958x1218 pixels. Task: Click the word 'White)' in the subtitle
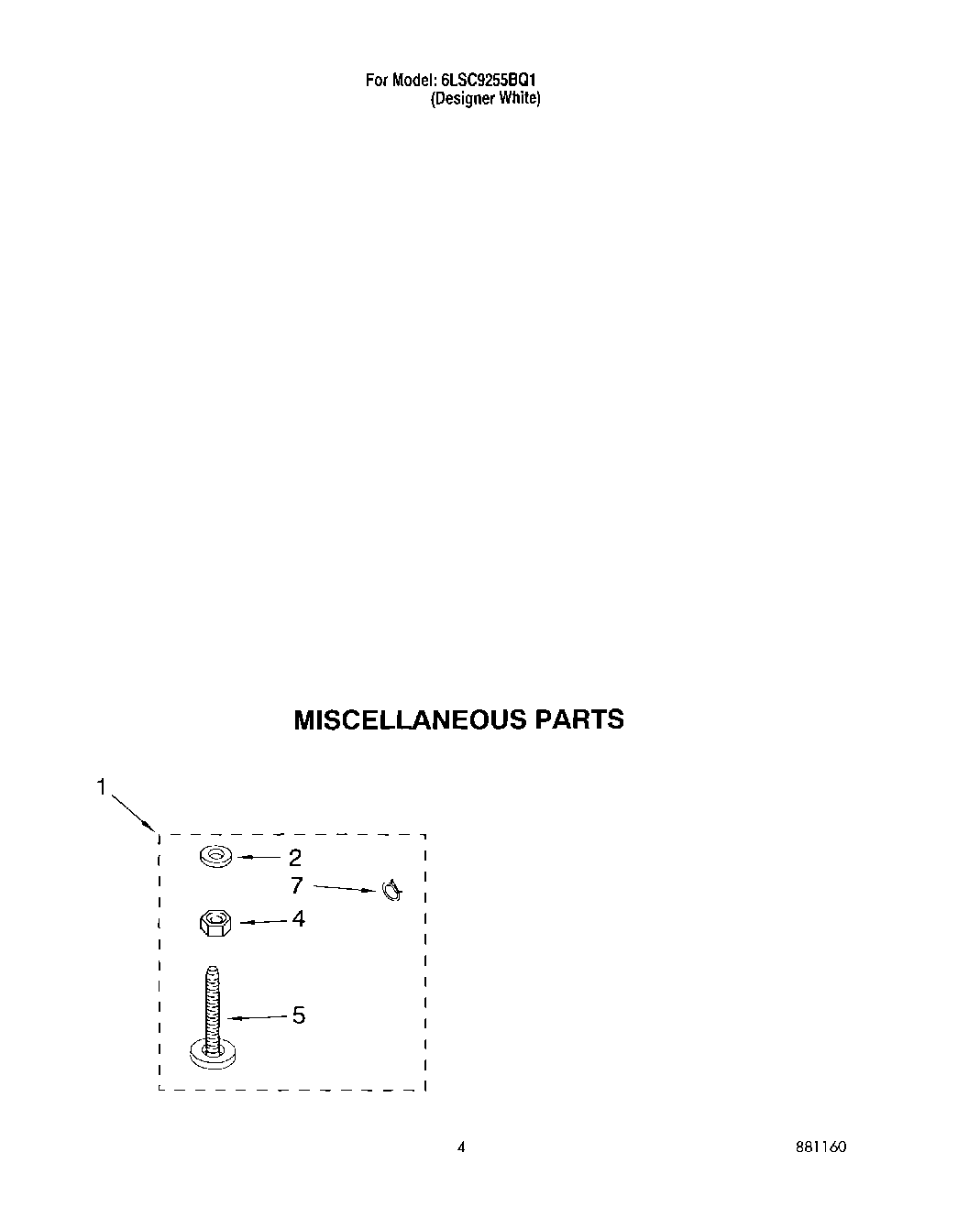pyautogui.click(x=520, y=99)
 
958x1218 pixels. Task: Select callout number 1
pyautogui.click(x=102, y=786)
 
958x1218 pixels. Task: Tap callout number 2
pyautogui.click(x=295, y=858)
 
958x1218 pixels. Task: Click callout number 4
pyautogui.click(x=298, y=918)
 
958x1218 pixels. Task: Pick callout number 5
pyautogui.click(x=298, y=1015)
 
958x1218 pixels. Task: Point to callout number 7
pyautogui.click(x=296, y=885)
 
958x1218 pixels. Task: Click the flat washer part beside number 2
pyautogui.click(x=216, y=858)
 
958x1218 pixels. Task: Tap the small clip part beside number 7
pyautogui.click(x=391, y=890)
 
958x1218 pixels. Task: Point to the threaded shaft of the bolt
pyautogui.click(x=213, y=1004)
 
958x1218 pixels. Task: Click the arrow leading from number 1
pyautogui.click(x=133, y=813)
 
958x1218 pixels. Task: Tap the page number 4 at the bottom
pyautogui.click(x=461, y=1147)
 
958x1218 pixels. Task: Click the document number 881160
pyautogui.click(x=820, y=1147)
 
